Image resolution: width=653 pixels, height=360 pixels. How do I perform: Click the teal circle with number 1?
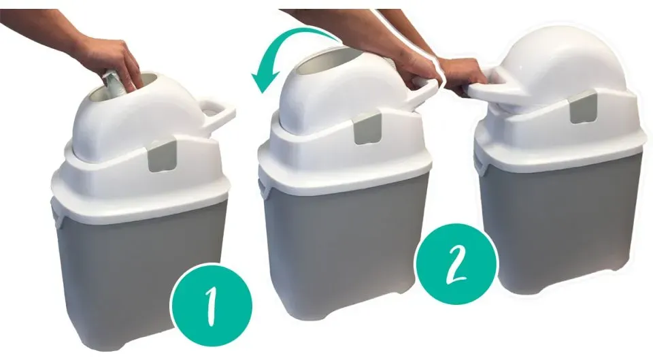tap(212, 305)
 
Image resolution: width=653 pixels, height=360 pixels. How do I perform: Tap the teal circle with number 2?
tap(457, 264)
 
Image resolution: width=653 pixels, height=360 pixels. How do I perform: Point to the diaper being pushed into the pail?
tap(114, 86)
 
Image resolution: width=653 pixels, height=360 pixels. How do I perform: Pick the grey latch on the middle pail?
tap(368, 129)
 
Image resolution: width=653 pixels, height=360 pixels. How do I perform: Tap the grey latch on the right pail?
tap(583, 107)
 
